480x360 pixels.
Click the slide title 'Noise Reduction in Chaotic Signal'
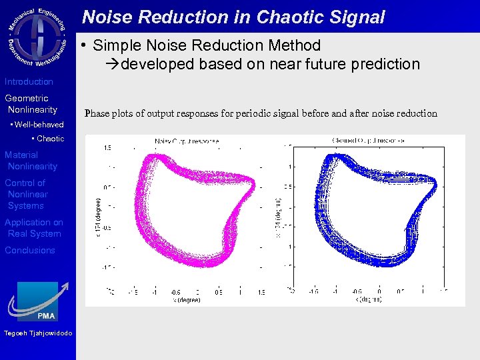tap(233, 17)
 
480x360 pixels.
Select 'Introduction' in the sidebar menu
tap(29, 81)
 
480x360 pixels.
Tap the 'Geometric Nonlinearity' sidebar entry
tap(31, 104)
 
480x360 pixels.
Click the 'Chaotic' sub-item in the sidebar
tap(49, 139)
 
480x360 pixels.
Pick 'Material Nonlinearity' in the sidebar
tap(31, 161)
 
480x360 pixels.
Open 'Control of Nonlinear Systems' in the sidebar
tap(27, 194)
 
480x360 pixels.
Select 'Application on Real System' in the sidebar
tap(33, 228)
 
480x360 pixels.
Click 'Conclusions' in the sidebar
tap(30, 250)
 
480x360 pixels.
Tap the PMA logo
tap(37, 300)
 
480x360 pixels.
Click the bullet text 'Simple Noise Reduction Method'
tap(207, 45)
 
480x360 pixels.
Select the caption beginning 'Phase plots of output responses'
tap(261, 113)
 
